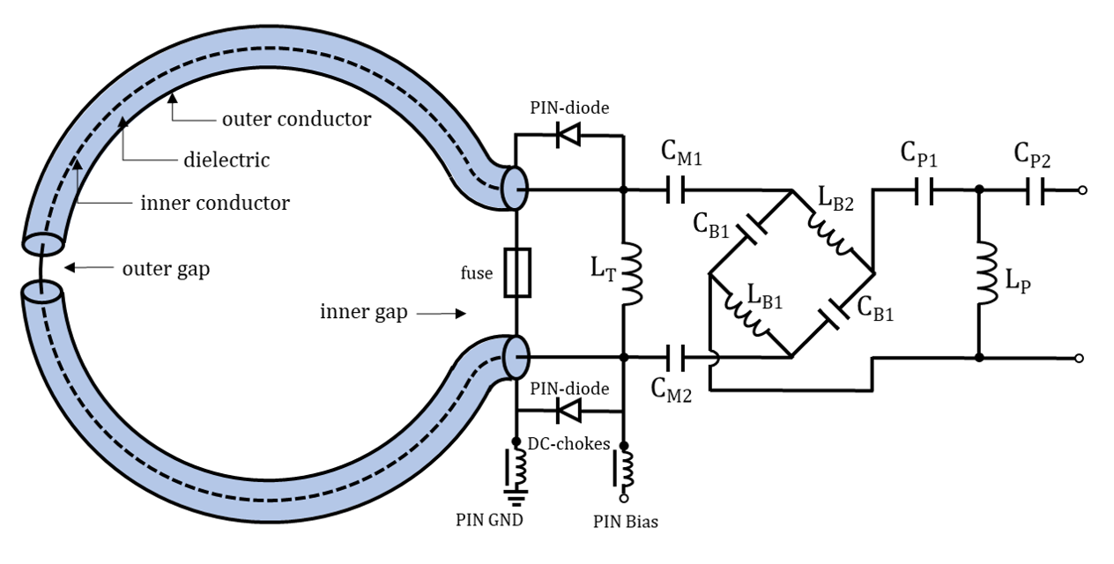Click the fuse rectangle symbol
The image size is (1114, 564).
point(516,273)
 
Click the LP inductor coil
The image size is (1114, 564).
point(980,273)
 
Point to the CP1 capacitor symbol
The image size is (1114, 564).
point(924,189)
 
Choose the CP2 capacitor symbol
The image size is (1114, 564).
point(1036,189)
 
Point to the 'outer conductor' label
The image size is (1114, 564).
point(296,119)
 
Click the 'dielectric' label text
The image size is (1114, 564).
point(227,160)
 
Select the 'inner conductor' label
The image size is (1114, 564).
point(215,204)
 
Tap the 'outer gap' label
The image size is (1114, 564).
point(167,269)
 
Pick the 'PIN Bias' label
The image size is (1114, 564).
point(625,521)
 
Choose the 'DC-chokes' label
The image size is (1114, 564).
point(569,443)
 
